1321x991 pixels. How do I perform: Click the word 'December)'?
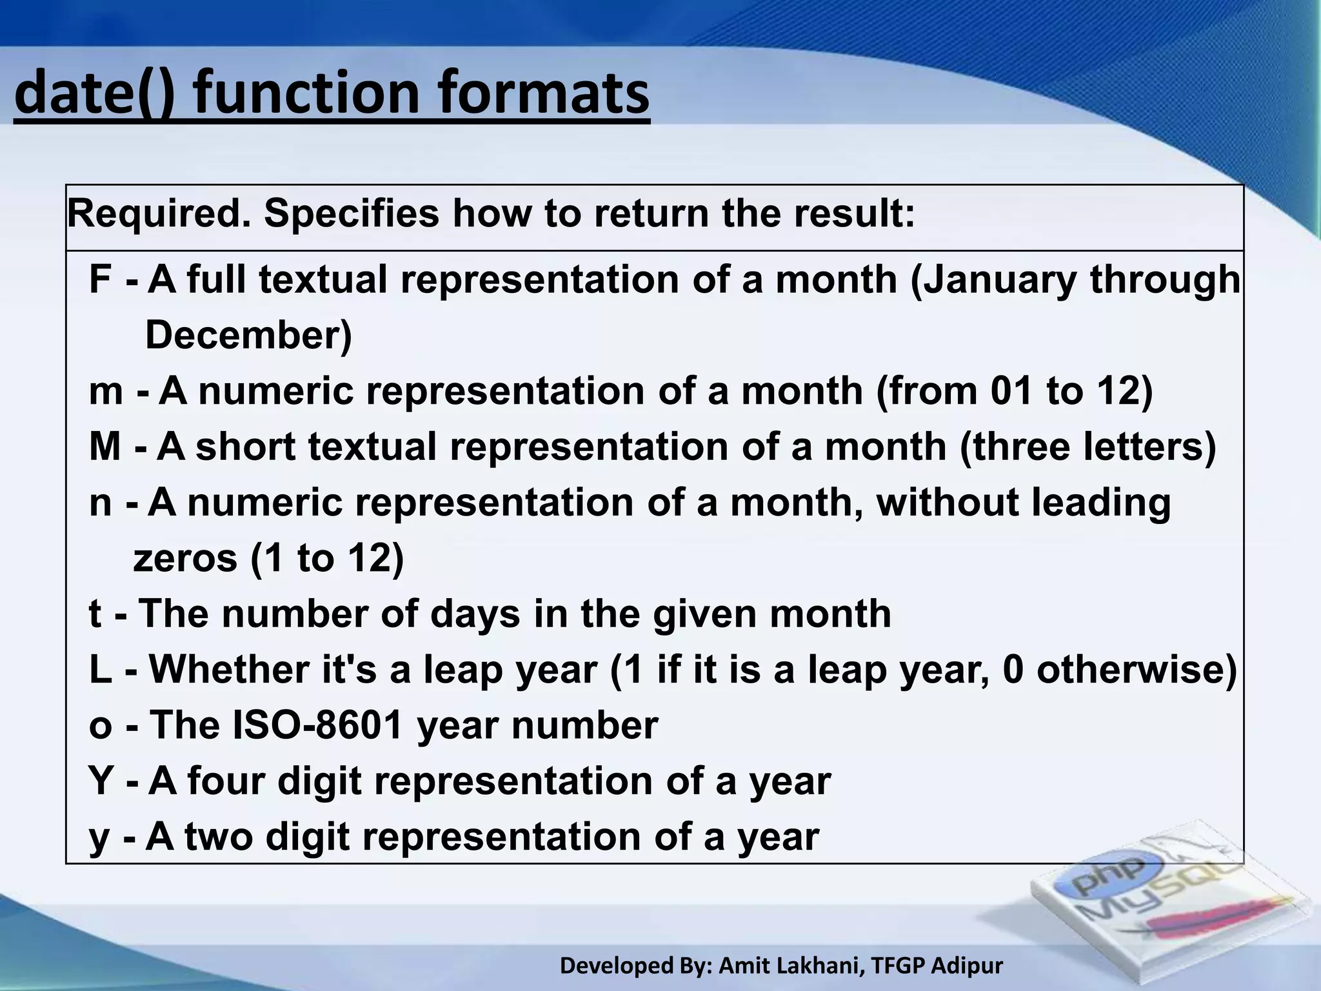point(249,335)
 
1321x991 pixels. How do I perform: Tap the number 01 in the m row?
point(1011,392)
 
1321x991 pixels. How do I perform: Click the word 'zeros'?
point(185,558)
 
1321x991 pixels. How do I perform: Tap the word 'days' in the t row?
point(475,614)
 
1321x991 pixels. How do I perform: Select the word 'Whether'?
point(230,670)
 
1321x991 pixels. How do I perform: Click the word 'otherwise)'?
point(1137,670)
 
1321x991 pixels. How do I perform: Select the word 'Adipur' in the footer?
point(968,966)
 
